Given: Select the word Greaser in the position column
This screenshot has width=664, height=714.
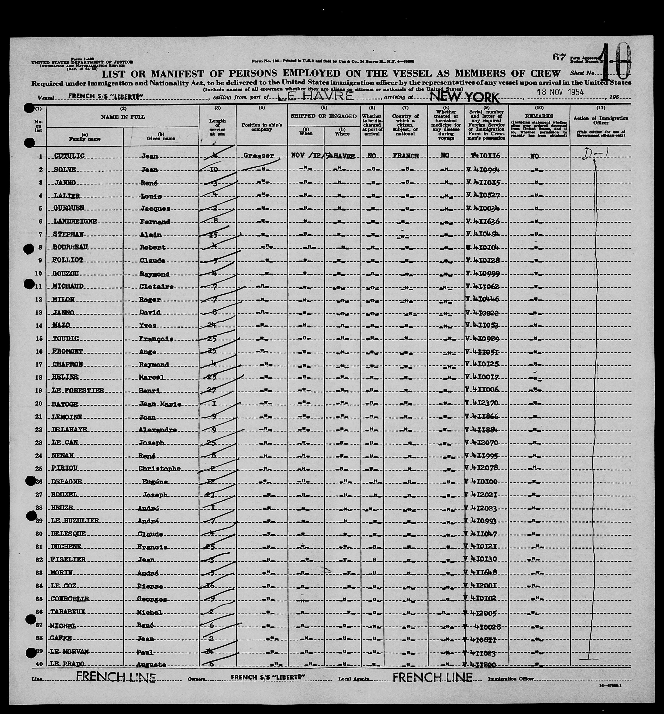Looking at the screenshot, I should pos(258,156).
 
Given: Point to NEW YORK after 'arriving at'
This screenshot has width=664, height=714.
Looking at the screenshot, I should pos(464,97).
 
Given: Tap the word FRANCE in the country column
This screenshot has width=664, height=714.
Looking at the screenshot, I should pos(406,156).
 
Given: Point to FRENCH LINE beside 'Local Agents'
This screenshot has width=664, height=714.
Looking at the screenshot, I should pos(432,677).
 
